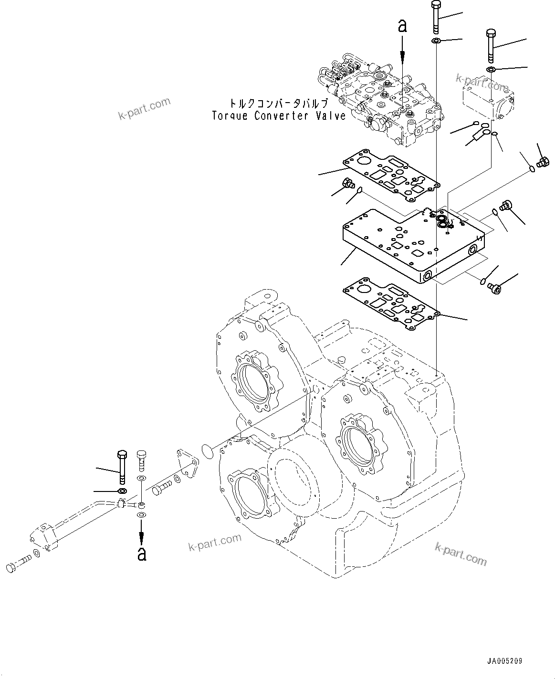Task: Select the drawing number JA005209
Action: point(504,661)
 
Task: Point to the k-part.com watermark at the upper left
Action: point(144,109)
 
